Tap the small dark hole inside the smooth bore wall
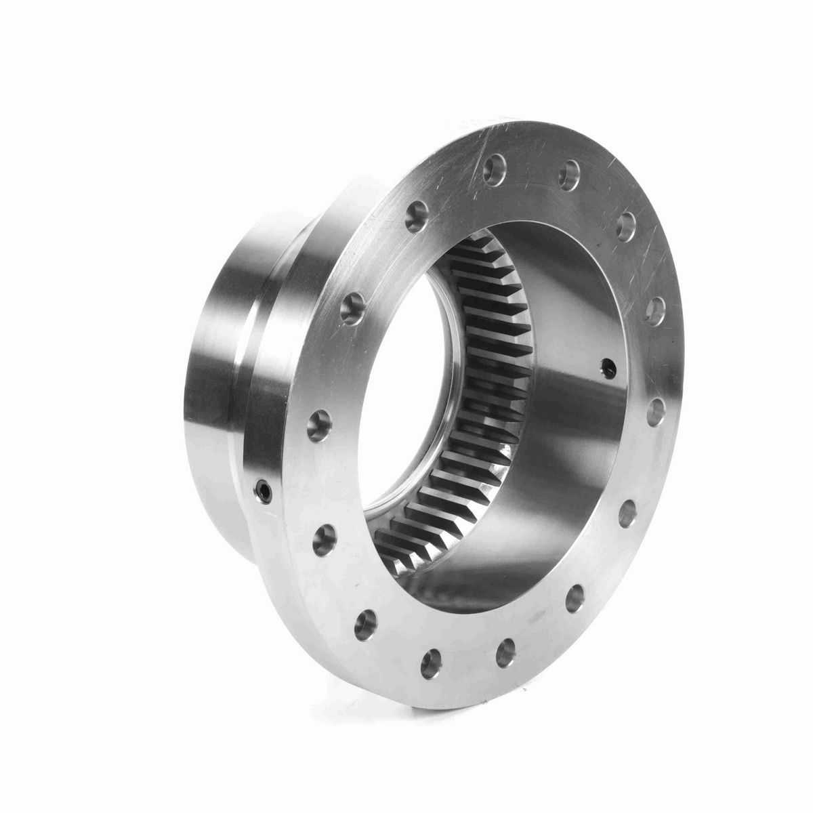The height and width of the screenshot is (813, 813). click(x=606, y=367)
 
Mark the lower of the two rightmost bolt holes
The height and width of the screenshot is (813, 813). click(x=656, y=409)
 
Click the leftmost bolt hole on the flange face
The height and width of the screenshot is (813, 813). click(x=316, y=426)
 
